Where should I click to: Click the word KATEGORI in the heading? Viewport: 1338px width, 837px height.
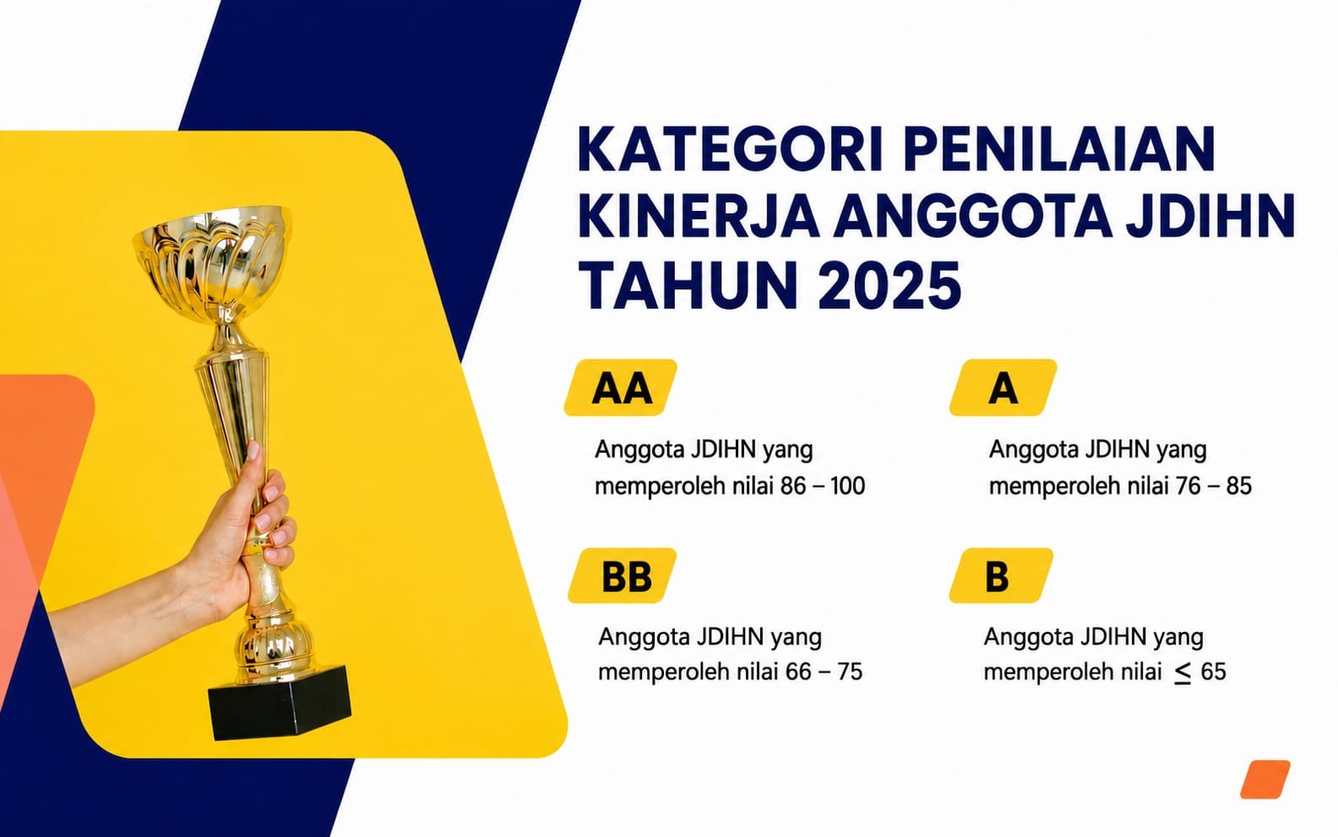pyautogui.click(x=730, y=149)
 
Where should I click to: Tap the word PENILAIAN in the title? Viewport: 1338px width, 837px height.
pyautogui.click(x=1059, y=149)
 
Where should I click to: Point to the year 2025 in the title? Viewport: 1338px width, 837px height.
pyautogui.click(x=889, y=284)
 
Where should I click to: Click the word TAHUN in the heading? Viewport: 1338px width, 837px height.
pyautogui.click(x=687, y=284)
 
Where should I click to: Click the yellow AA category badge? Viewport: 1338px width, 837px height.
pyautogui.click(x=621, y=388)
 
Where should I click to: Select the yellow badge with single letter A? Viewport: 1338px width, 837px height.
pyautogui.click(x=1004, y=388)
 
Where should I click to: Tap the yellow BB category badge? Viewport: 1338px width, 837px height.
pyautogui.click(x=623, y=576)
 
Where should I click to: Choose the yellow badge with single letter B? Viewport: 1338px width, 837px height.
pyautogui.click(x=1001, y=576)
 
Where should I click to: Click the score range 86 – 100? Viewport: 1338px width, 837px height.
pyautogui.click(x=823, y=486)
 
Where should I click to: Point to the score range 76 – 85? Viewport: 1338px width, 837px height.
pyautogui.click(x=1213, y=486)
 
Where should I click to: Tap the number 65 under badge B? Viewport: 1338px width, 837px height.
pyautogui.click(x=1213, y=672)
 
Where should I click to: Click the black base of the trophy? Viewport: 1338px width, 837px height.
pyautogui.click(x=279, y=703)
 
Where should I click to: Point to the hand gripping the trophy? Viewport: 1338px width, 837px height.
pyautogui.click(x=251, y=537)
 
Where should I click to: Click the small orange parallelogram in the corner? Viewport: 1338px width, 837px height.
pyautogui.click(x=1265, y=779)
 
